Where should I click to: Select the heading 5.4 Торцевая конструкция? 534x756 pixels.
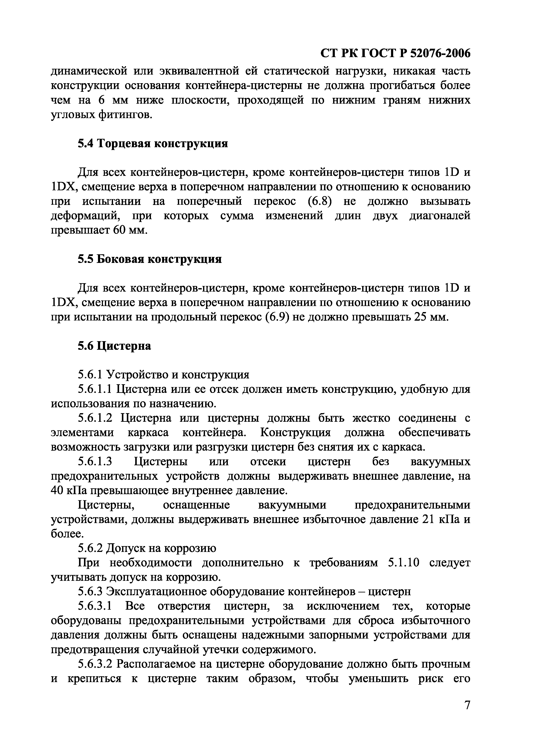point(153,144)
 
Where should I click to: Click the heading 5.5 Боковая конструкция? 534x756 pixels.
point(150,259)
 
